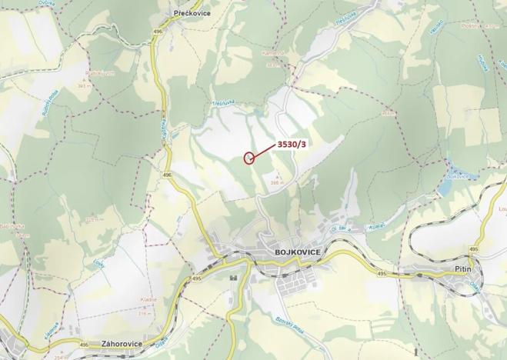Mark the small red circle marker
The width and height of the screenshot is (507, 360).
tap(248, 158)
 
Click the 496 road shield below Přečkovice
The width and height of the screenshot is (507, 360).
tap(158, 32)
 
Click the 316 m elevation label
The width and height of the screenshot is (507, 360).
tap(145, 314)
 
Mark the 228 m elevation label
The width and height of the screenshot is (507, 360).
tap(93, 220)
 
